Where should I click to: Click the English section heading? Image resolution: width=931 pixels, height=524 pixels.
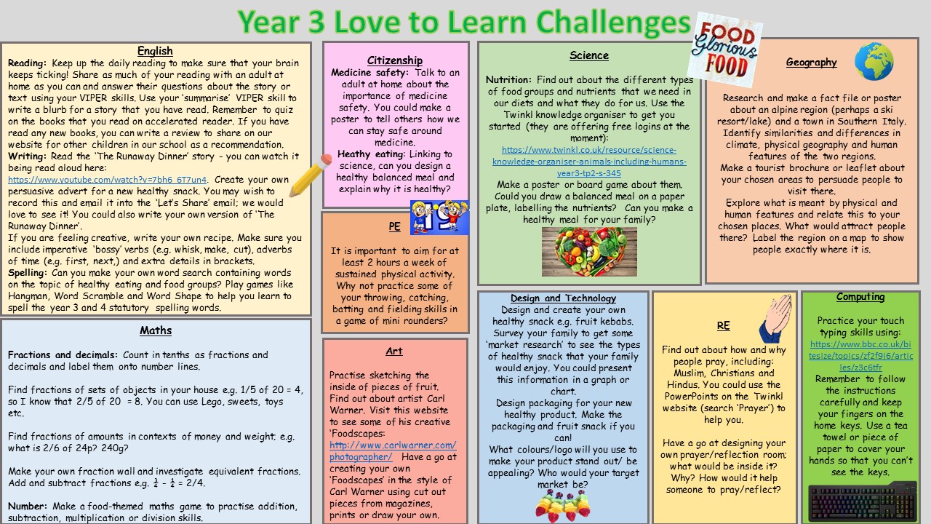click(155, 51)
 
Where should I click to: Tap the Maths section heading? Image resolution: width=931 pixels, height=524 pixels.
click(156, 330)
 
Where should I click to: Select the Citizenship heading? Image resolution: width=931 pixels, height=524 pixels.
click(395, 60)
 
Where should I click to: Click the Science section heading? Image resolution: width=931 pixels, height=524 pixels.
click(589, 55)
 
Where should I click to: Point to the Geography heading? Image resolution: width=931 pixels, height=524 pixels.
click(811, 63)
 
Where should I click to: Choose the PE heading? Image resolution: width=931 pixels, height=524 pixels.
click(394, 226)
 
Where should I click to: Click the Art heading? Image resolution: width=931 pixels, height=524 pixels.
click(394, 351)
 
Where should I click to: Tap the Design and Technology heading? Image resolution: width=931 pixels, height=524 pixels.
click(563, 298)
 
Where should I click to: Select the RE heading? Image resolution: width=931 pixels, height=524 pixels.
click(723, 325)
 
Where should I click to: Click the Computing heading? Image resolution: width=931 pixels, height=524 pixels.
click(860, 296)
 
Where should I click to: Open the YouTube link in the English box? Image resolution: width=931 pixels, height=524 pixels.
click(107, 180)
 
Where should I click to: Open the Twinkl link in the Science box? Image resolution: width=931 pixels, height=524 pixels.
click(589, 162)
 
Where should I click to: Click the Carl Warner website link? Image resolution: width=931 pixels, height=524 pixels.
click(393, 450)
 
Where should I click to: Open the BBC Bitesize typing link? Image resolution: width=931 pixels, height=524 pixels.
click(860, 356)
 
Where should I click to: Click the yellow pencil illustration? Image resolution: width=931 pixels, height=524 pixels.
click(311, 175)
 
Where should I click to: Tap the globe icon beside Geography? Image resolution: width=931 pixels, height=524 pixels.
click(874, 62)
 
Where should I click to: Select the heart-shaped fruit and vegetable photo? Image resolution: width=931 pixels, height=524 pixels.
click(589, 252)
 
